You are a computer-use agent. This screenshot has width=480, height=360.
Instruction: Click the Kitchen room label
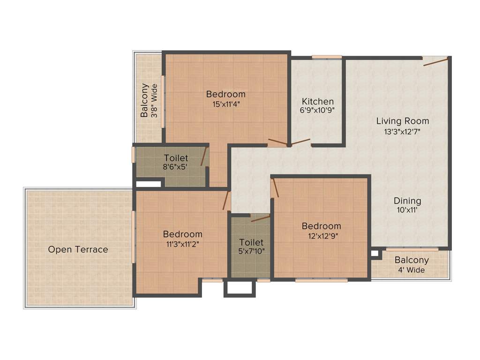[x=318, y=101]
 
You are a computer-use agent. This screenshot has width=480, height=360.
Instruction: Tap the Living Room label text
[x=403, y=121]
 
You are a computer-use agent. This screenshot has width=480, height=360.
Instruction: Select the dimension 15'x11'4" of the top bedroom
[x=226, y=104]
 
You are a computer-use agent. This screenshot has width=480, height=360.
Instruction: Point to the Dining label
[x=407, y=201]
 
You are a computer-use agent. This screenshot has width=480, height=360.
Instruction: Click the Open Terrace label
[x=78, y=249]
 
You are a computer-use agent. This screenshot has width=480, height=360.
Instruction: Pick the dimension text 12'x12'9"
[x=322, y=236]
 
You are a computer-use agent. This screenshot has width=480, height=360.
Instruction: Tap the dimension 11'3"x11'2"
[x=183, y=244]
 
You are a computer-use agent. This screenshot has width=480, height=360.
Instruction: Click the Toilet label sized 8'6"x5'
[x=176, y=158]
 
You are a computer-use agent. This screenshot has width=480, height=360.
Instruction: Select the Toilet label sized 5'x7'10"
[x=251, y=242]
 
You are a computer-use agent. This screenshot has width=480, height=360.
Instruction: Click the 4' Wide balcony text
[x=412, y=270]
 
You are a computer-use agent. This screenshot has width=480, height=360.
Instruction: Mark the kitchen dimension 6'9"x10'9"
[x=318, y=111]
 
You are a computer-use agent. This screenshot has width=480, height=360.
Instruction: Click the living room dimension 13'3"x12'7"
[x=403, y=131]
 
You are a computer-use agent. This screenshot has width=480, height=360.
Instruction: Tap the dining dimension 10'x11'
[x=407, y=210]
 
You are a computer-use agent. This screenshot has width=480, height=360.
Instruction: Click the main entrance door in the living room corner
[x=435, y=61]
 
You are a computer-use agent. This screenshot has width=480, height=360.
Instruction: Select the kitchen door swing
[x=300, y=142]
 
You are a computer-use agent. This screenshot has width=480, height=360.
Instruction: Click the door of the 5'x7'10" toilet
[x=260, y=218]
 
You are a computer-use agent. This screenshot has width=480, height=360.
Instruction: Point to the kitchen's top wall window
[x=327, y=57]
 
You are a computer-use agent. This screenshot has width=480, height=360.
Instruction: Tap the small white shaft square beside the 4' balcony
[x=374, y=254]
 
